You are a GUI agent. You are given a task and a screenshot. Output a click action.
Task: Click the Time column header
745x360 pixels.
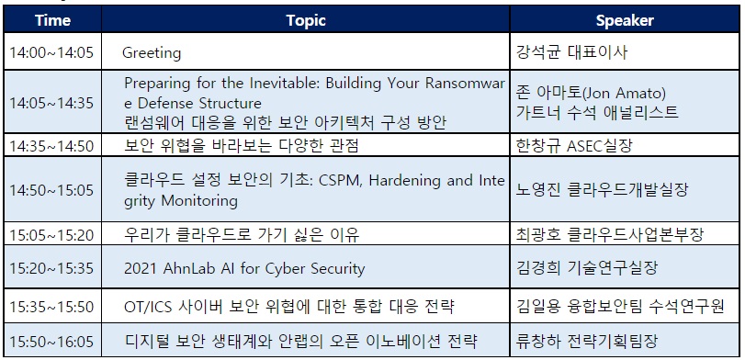[52, 20]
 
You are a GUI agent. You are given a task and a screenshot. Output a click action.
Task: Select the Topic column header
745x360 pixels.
[306, 20]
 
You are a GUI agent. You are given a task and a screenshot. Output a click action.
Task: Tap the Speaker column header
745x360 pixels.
[625, 21]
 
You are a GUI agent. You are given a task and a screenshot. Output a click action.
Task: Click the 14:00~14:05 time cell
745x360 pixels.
[51, 51]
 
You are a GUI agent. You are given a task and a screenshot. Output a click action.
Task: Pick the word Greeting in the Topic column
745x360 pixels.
[152, 52]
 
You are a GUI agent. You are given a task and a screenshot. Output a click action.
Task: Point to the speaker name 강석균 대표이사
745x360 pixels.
[571, 51]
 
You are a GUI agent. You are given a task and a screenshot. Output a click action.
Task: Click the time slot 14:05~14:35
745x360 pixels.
[51, 103]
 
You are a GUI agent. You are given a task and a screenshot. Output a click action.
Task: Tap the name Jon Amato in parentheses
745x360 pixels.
[624, 93]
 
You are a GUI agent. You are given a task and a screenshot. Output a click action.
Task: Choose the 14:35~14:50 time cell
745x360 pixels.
[51, 146]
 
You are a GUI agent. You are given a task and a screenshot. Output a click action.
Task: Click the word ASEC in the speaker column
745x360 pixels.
[584, 146]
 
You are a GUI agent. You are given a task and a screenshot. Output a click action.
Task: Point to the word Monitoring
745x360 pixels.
[199, 200]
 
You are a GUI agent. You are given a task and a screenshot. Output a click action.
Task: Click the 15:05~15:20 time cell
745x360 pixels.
[51, 235]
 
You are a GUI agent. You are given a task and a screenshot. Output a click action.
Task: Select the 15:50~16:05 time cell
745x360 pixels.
[51, 342]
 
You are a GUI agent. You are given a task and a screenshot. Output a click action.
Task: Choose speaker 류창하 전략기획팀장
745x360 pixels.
[587, 341]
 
